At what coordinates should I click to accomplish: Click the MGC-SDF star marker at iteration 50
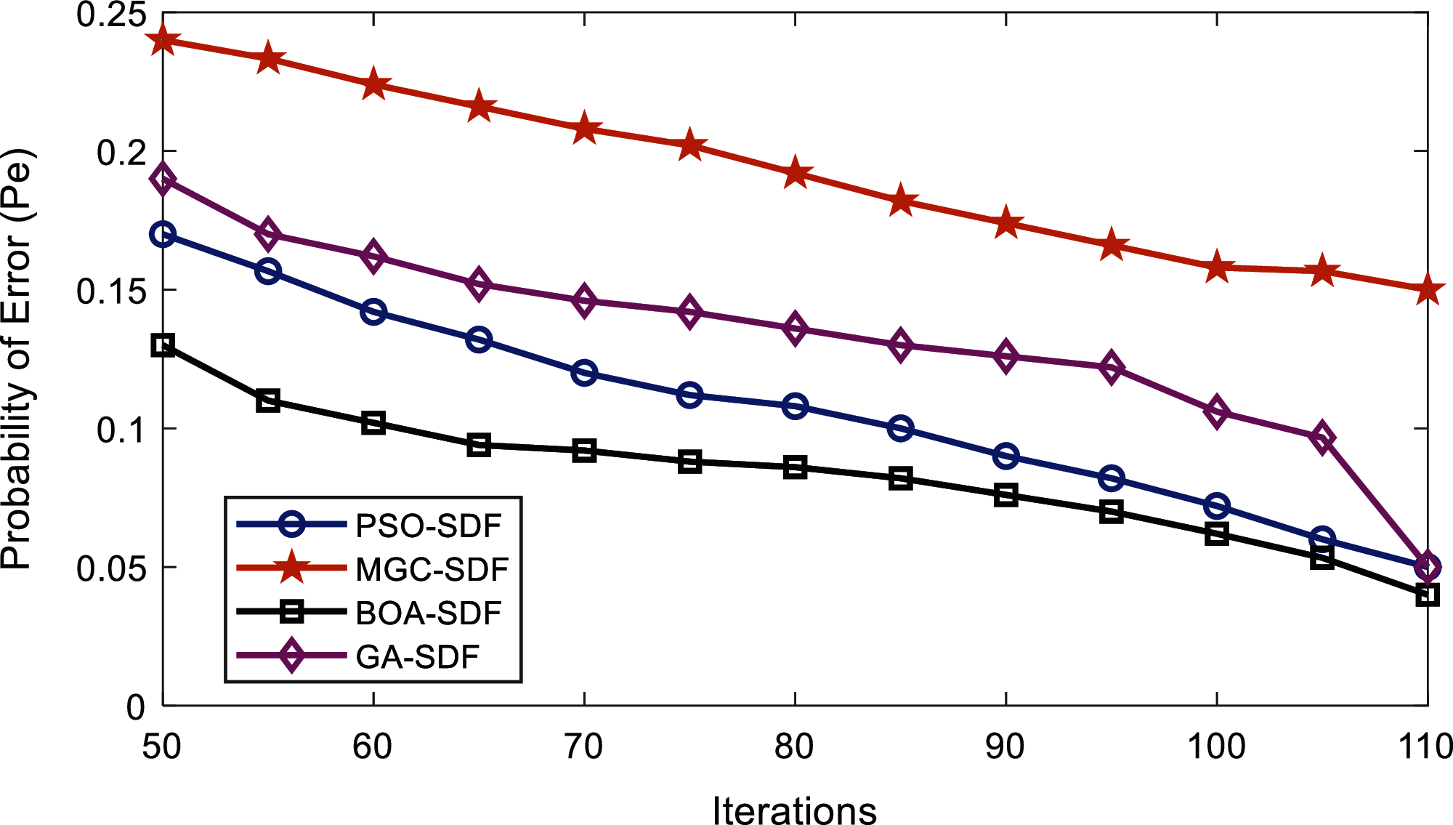163,41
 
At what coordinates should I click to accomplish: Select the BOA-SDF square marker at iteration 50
163,345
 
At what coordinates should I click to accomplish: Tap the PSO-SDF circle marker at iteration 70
584,373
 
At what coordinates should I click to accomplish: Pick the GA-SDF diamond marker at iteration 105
1322,439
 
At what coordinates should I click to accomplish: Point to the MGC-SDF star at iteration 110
1427,290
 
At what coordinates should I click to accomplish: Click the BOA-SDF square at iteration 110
1427,595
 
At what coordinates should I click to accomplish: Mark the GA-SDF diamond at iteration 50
163,179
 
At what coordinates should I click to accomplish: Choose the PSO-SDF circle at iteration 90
1005,456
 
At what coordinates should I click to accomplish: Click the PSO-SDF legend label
428,526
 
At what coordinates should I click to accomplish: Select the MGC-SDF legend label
432,569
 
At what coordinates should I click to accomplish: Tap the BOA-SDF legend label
428,613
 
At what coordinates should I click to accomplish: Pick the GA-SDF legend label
417,656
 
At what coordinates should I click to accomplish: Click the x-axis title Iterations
794,809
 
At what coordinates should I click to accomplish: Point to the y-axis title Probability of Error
17,358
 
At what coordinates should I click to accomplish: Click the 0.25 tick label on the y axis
110,15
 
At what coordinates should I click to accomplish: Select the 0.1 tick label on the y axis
121,430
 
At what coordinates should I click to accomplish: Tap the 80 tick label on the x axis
794,746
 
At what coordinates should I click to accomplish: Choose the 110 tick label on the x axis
1425,746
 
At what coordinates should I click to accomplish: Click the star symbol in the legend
292,568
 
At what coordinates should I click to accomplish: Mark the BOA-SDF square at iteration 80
795,467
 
